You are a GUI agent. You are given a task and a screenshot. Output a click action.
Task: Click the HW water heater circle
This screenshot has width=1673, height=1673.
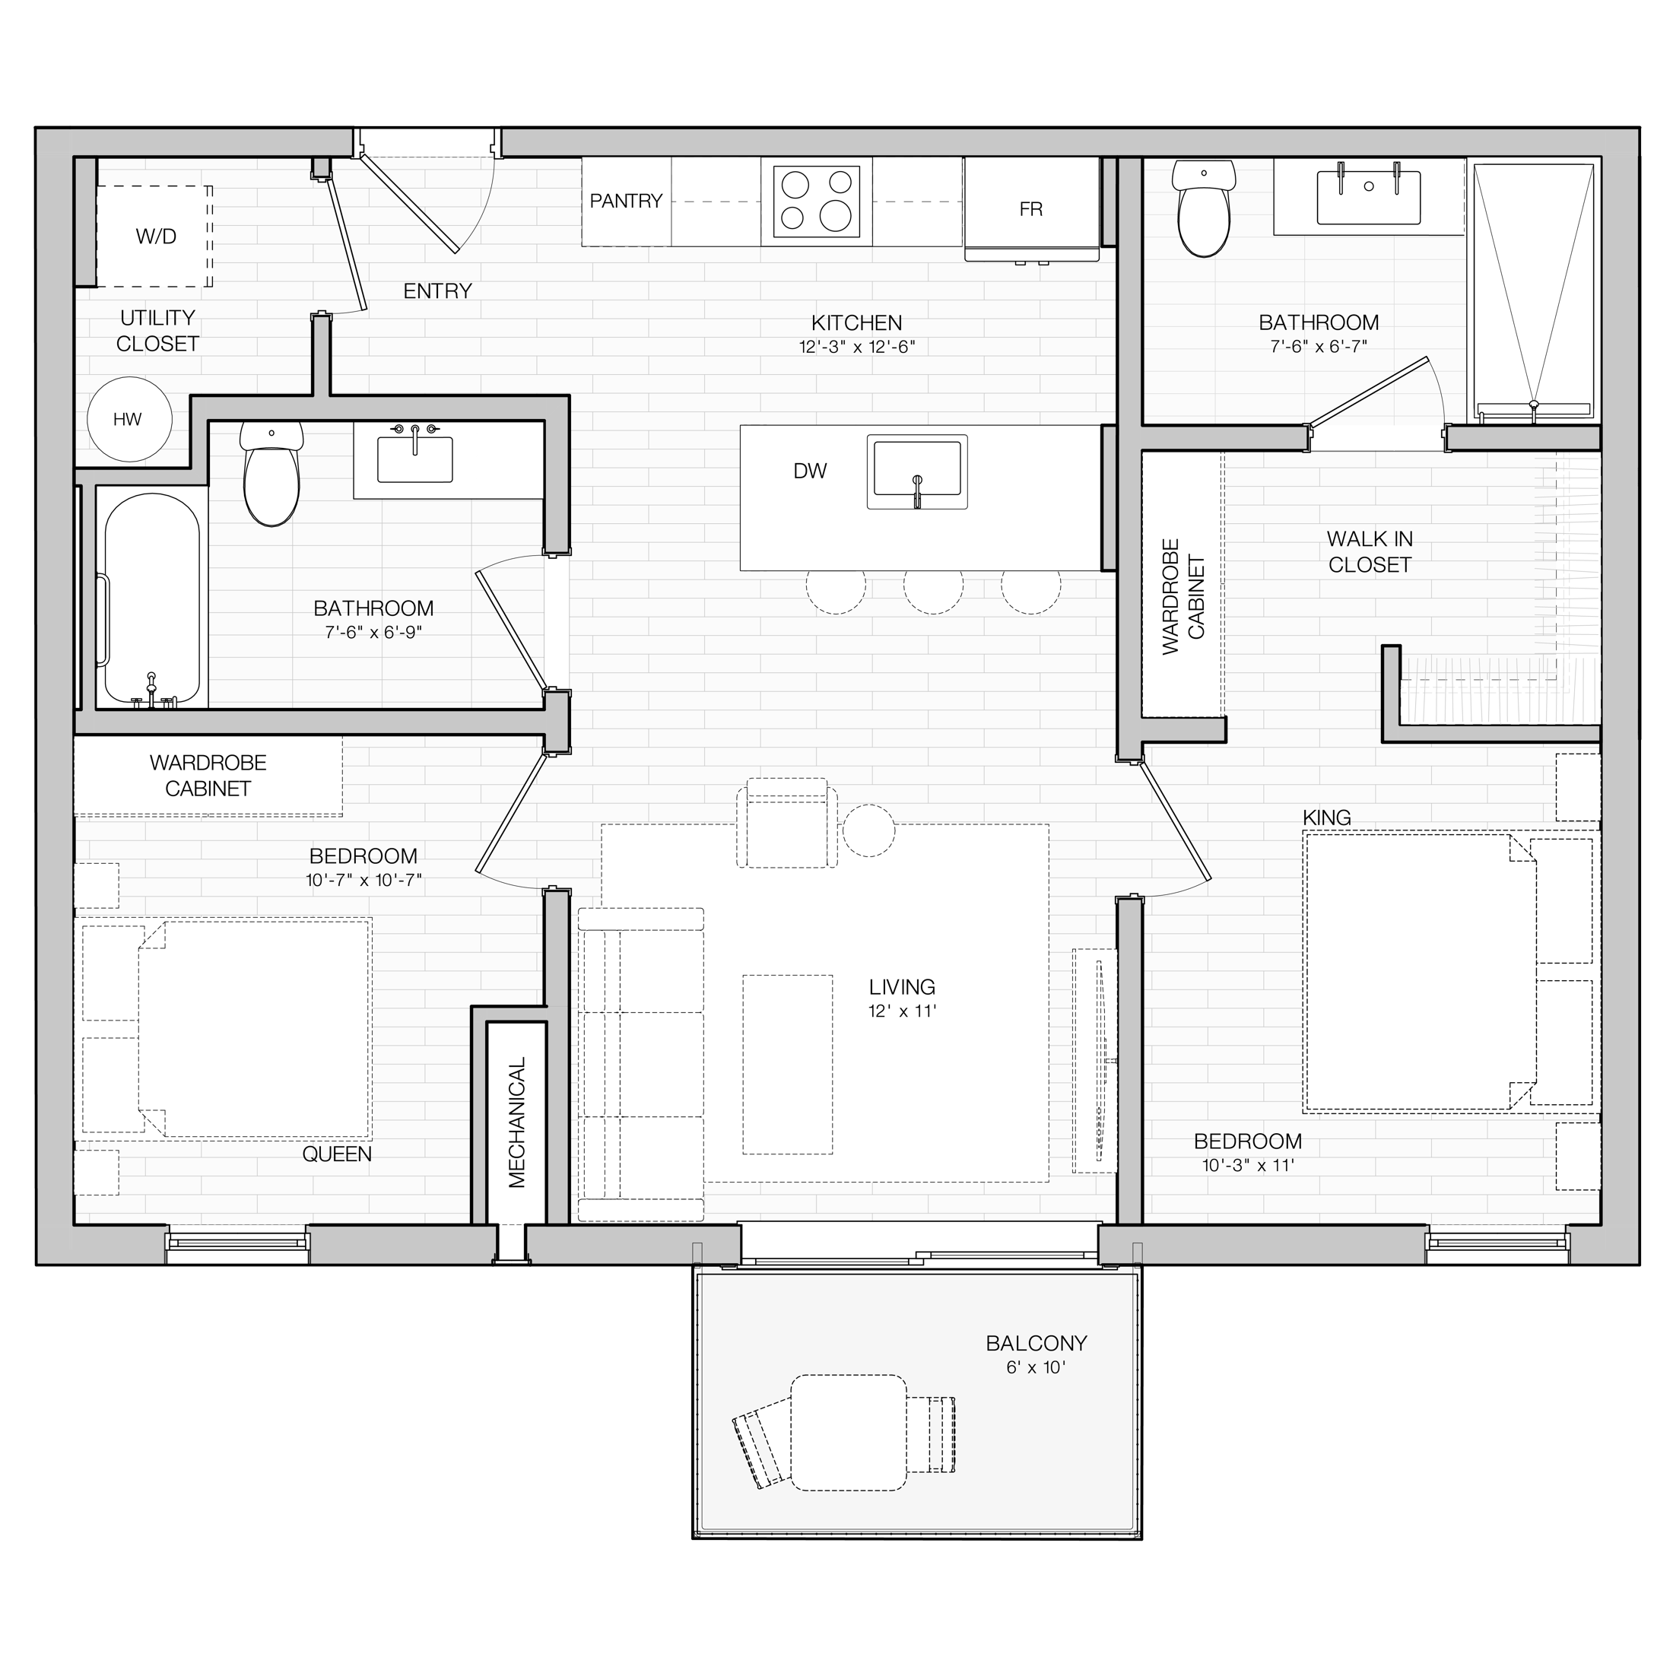point(130,420)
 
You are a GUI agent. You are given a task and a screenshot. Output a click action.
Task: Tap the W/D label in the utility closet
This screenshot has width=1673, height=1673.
point(156,237)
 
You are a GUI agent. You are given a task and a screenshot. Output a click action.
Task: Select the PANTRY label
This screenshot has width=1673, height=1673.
point(626,201)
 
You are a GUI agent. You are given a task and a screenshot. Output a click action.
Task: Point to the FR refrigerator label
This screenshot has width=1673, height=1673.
point(1030,210)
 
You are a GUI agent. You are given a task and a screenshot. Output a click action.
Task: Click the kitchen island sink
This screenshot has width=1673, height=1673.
point(917,472)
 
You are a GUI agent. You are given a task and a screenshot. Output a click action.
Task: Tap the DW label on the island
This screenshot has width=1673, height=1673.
point(810,471)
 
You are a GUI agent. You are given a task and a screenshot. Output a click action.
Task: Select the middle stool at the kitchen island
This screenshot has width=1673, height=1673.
point(934,592)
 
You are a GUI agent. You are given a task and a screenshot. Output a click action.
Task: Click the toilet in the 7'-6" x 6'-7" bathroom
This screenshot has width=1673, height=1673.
point(1204,208)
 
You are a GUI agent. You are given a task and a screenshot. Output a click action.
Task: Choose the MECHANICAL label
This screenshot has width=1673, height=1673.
point(517,1122)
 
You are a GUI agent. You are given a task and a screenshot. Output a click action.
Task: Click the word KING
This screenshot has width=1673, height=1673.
point(1327,817)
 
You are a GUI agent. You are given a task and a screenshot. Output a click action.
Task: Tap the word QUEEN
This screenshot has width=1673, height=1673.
point(337,1154)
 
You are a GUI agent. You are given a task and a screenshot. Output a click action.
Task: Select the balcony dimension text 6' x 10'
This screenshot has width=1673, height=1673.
point(1036,1367)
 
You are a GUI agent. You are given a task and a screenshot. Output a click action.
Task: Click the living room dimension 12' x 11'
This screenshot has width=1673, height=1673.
point(903,1011)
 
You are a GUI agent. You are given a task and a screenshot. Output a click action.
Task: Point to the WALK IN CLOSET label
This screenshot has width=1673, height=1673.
point(1370,551)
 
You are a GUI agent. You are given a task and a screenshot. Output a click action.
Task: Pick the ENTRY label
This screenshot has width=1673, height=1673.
point(437,291)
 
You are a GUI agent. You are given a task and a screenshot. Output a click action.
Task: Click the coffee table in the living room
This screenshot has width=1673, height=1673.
point(788,1064)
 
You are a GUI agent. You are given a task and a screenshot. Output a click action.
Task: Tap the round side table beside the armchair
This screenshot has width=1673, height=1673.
point(868,830)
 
